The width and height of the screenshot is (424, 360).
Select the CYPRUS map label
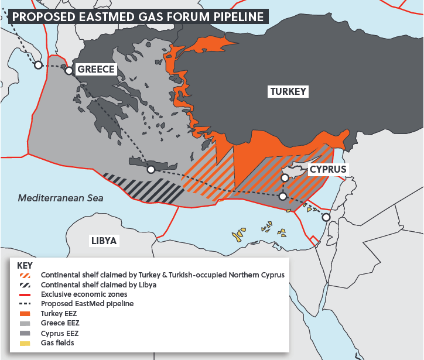tap(328, 169)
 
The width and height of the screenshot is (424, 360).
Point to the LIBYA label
tap(104, 241)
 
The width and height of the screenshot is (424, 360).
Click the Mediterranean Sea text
tap(60, 198)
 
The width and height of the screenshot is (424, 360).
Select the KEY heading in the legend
tap(25, 265)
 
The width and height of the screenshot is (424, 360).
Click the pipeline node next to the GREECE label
tap(69, 71)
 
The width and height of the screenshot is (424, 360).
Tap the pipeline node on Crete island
tap(151, 169)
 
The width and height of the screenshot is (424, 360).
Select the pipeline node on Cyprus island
tap(284, 177)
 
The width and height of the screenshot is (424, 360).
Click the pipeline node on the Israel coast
tap(326, 217)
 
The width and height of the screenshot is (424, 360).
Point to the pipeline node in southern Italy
tap(38, 65)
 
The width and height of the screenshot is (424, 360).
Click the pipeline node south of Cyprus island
tap(283, 197)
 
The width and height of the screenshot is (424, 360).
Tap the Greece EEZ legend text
tap(60, 323)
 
